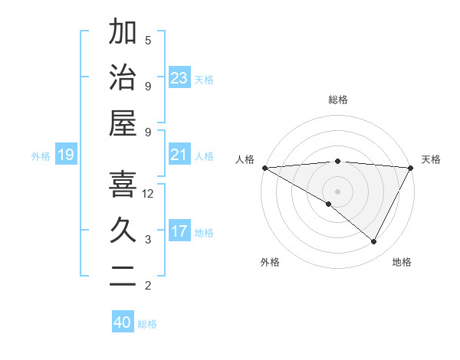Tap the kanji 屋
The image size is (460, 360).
(122, 123)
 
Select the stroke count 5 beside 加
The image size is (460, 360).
(148, 40)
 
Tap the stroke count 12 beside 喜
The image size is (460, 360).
(148, 194)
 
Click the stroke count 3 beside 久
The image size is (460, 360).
(148, 240)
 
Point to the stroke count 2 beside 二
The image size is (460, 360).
(148, 286)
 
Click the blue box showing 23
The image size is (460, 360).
(179, 77)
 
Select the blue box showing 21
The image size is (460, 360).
(179, 155)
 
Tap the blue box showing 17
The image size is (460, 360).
(179, 231)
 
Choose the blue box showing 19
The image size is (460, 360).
(65, 155)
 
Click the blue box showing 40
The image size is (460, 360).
(123, 322)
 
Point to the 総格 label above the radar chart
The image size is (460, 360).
(337, 100)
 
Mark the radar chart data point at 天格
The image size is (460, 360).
(411, 167)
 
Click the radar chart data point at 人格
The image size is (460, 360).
(264, 167)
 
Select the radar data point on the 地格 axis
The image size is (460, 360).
(374, 242)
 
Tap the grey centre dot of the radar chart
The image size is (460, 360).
(337, 191)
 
